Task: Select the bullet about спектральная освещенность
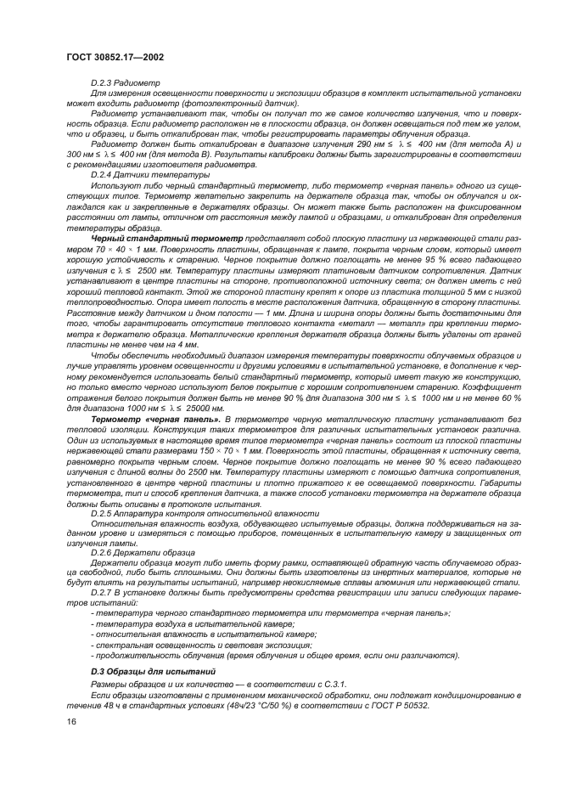pyautogui.click(x=186, y=645)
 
